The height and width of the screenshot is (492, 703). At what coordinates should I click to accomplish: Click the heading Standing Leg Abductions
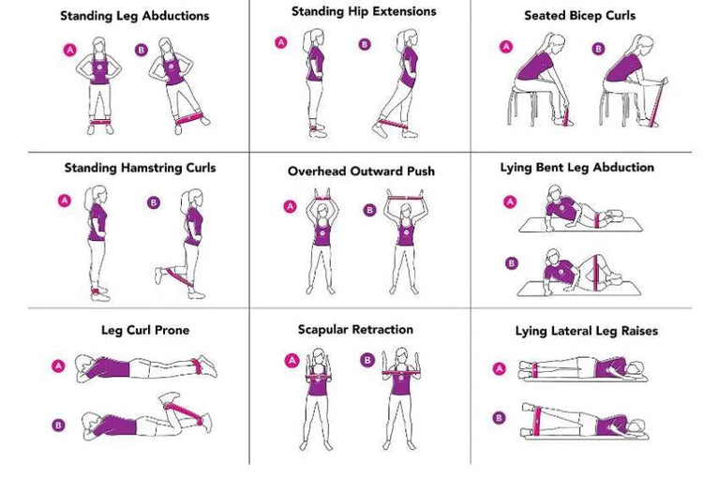[135, 16]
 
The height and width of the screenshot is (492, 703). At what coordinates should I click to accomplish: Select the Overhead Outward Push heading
[361, 171]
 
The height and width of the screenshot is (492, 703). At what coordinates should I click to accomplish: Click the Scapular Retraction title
[355, 329]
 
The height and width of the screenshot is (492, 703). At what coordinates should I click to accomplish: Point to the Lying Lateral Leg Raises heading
[587, 331]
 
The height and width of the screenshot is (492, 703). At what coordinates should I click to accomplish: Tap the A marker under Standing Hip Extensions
[280, 42]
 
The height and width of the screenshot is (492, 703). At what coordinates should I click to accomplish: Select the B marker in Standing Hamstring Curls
[154, 201]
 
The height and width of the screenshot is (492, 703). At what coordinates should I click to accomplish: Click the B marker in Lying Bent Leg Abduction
[511, 263]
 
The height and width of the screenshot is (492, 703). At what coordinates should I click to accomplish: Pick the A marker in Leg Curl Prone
[58, 365]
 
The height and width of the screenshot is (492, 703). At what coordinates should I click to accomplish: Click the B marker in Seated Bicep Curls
[598, 48]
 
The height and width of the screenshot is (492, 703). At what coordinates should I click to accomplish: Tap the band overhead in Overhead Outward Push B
[406, 194]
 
